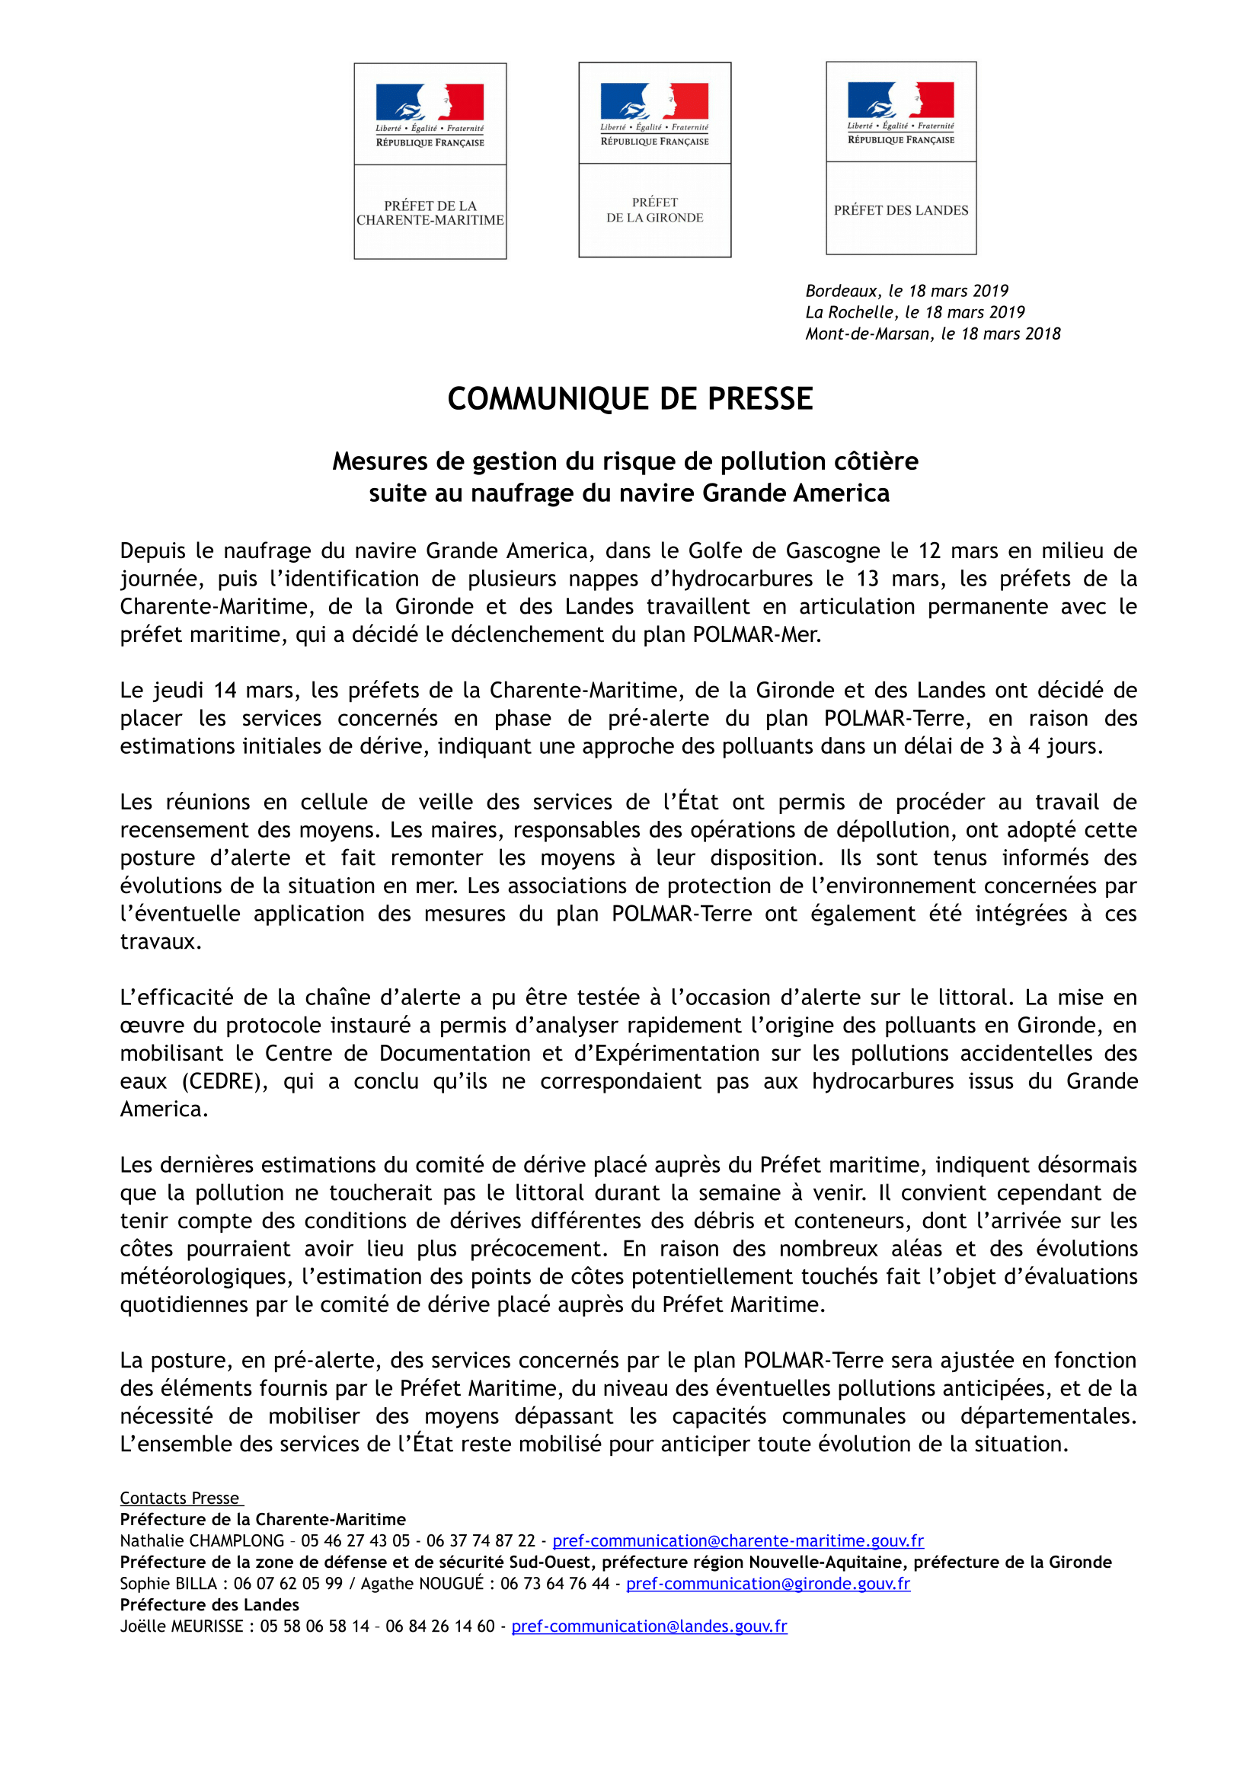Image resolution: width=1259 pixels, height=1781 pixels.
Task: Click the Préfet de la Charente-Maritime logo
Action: tap(430, 161)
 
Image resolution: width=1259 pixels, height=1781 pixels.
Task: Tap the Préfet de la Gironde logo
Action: tap(655, 159)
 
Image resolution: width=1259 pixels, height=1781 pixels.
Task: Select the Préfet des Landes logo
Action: tap(900, 158)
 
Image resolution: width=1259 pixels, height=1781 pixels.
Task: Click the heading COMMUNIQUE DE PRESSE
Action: tap(630, 399)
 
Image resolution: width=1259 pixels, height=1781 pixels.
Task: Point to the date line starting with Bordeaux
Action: tap(906, 291)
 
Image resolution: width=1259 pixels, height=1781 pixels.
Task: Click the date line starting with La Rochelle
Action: tap(915, 312)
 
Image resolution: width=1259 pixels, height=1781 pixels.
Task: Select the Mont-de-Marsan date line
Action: tap(932, 334)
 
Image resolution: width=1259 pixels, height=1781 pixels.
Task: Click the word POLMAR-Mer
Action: tap(756, 634)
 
